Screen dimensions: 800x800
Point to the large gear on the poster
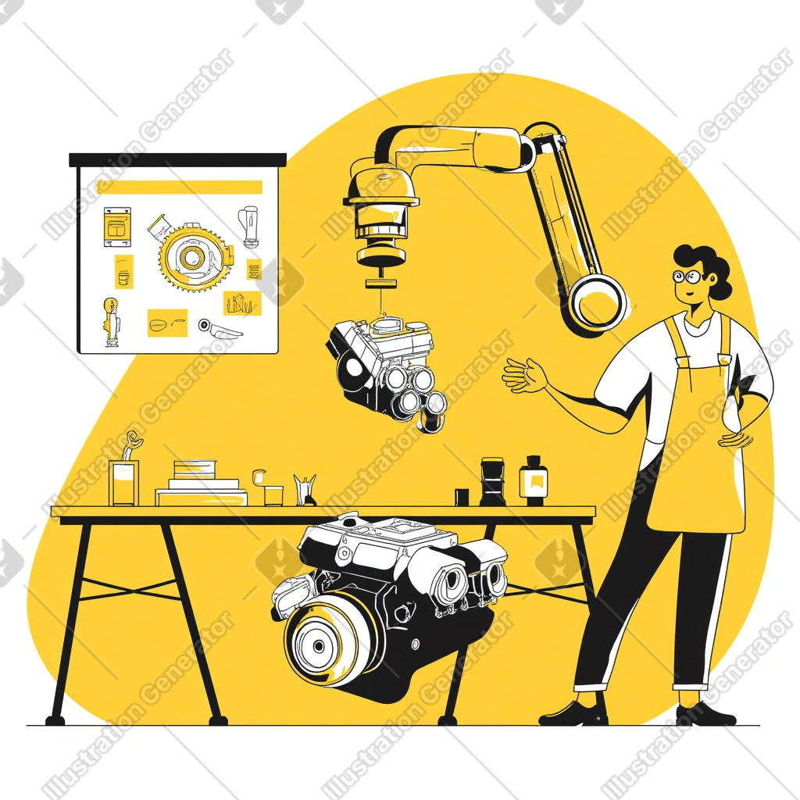click(x=194, y=257)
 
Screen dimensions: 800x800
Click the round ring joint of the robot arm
click(x=597, y=305)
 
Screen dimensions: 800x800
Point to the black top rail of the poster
click(x=177, y=159)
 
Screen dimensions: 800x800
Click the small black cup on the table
click(x=462, y=497)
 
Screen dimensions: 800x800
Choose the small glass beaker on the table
click(x=273, y=495)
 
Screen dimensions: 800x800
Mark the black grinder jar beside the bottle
click(x=492, y=481)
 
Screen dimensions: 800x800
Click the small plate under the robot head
click(x=381, y=284)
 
